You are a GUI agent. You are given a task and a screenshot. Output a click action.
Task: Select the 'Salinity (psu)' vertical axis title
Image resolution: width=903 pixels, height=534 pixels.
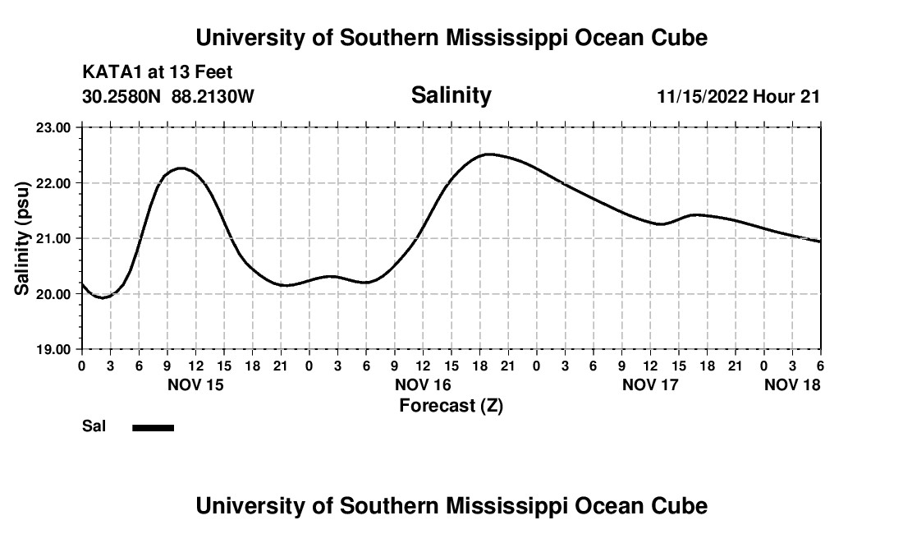pyautogui.click(x=22, y=238)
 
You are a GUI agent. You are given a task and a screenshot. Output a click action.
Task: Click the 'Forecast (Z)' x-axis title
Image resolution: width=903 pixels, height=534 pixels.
pyautogui.click(x=451, y=405)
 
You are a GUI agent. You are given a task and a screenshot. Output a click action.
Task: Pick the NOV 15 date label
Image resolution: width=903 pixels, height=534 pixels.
pyautogui.click(x=195, y=384)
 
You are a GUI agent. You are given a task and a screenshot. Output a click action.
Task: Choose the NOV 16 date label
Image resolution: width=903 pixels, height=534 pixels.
pyautogui.click(x=424, y=384)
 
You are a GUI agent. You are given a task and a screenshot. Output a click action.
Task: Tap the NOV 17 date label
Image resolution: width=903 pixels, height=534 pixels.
pyautogui.click(x=651, y=384)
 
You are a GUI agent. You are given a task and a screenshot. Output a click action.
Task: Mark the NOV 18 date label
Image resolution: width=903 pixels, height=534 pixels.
pyautogui.click(x=792, y=384)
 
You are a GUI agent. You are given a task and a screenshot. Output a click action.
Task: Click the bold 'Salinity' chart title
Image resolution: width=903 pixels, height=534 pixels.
pyautogui.click(x=451, y=95)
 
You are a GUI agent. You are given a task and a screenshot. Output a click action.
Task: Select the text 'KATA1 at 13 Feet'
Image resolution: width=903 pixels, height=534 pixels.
pyautogui.click(x=158, y=72)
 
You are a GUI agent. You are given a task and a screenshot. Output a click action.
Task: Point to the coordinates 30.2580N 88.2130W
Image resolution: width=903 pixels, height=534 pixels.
pyautogui.click(x=168, y=97)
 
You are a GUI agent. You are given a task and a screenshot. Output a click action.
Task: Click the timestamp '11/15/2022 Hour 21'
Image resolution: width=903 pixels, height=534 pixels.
pyautogui.click(x=738, y=97)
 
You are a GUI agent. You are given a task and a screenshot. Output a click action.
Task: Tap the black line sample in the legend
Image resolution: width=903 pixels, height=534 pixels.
pyautogui.click(x=154, y=427)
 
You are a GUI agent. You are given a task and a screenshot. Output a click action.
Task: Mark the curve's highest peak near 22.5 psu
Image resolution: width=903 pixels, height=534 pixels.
pyautogui.click(x=489, y=154)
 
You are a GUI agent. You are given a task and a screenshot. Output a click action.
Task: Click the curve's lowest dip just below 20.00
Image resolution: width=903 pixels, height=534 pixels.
pyautogui.click(x=102, y=297)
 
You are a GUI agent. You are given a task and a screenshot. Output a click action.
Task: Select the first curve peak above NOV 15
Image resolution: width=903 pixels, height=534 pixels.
pyautogui.click(x=181, y=168)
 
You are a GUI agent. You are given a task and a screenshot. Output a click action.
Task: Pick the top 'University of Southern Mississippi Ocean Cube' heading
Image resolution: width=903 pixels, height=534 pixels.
pyautogui.click(x=451, y=38)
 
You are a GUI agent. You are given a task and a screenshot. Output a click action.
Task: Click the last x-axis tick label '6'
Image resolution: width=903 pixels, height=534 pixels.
pyautogui.click(x=820, y=365)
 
